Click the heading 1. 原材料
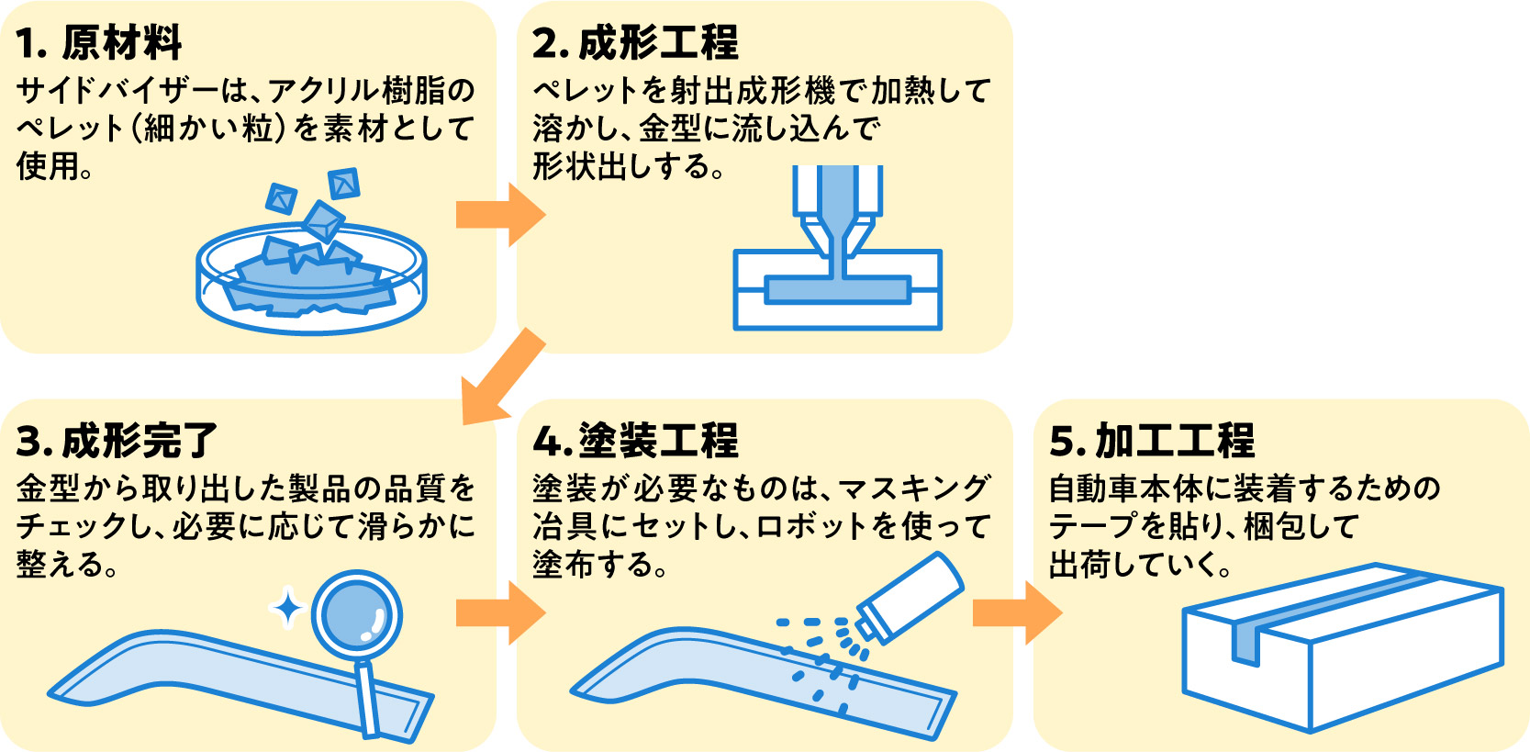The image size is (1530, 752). tap(99, 42)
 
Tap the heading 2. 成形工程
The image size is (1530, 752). tap(634, 42)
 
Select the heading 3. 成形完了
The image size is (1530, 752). tap(117, 441)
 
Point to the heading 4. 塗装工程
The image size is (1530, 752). tap(634, 441)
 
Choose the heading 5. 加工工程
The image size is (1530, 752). tap(1151, 441)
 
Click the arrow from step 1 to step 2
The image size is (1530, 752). tap(500, 214)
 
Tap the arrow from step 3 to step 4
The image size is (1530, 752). tap(500, 612)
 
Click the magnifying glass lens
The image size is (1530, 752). tap(356, 615)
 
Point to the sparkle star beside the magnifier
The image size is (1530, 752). tap(287, 607)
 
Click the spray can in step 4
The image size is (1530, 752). tap(910, 597)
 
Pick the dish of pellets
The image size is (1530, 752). tap(312, 275)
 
